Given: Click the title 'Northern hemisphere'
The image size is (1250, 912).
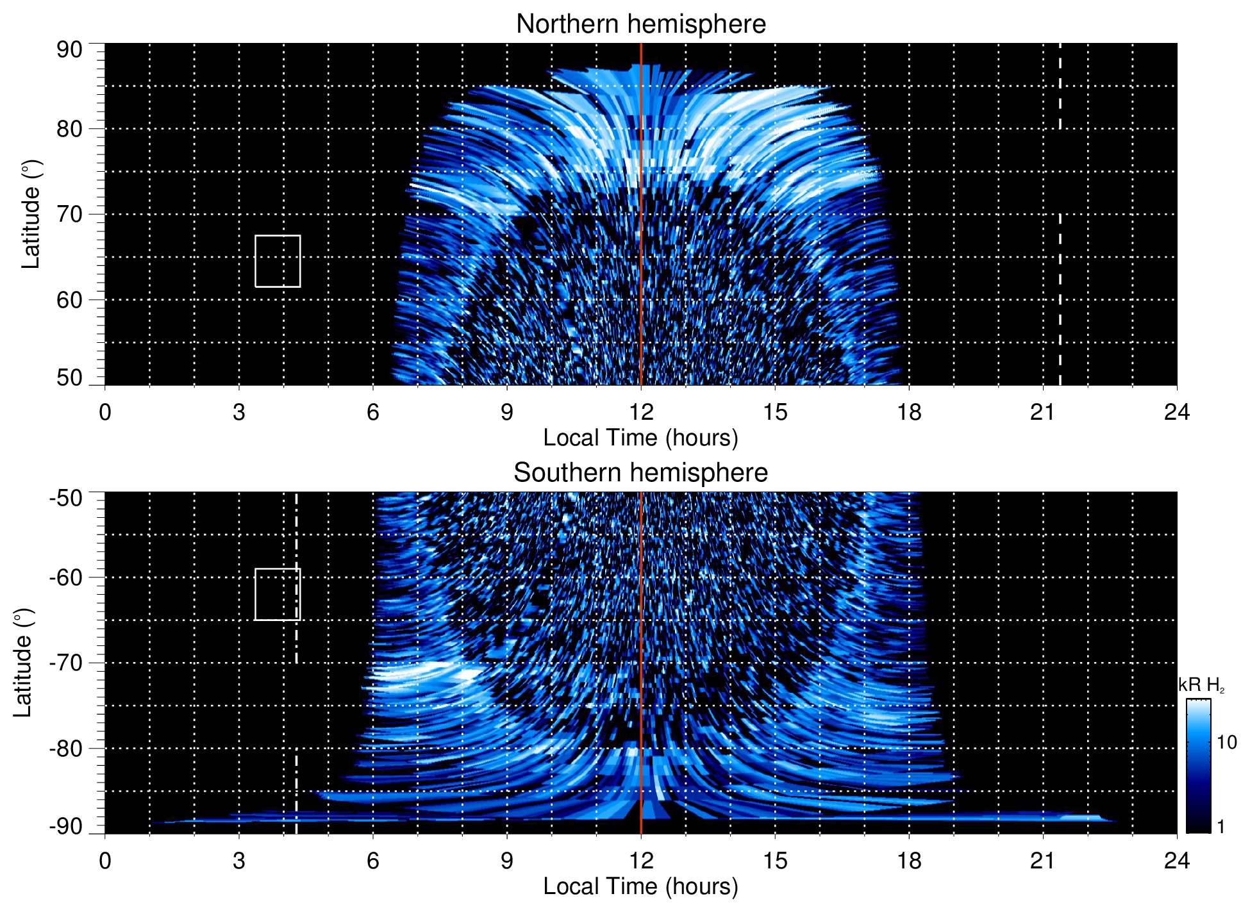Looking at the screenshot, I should pyautogui.click(x=640, y=24).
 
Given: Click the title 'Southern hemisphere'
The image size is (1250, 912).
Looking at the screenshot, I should pyautogui.click(x=640, y=473).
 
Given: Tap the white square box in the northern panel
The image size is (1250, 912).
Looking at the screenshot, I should pyautogui.click(x=278, y=261).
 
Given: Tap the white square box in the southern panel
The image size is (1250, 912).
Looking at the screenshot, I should pyautogui.click(x=278, y=594).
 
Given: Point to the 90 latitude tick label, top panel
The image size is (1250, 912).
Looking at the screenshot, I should pyautogui.click(x=69, y=50).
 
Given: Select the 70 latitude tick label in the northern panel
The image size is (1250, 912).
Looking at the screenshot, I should pyautogui.click(x=69, y=215).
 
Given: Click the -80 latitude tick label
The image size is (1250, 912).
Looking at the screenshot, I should pyautogui.click(x=66, y=749).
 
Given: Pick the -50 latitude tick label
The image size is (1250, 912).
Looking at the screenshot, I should pyautogui.click(x=66, y=498).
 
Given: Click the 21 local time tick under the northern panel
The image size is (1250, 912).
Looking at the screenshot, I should pyautogui.click(x=1043, y=412).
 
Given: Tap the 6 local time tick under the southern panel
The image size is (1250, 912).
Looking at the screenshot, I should pyautogui.click(x=373, y=861).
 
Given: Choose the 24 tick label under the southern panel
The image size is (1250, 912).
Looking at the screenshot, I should pyautogui.click(x=1176, y=861).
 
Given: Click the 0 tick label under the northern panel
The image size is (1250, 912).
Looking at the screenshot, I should pyautogui.click(x=105, y=412).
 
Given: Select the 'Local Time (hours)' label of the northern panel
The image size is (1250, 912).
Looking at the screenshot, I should pyautogui.click(x=640, y=438).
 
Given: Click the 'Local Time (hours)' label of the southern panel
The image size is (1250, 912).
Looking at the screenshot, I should pyautogui.click(x=640, y=886).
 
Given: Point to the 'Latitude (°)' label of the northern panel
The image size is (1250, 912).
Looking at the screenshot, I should pyautogui.click(x=31, y=214).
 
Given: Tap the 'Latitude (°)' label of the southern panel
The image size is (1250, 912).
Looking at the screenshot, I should pyautogui.click(x=23, y=663).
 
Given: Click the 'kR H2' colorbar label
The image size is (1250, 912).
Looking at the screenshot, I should pyautogui.click(x=1201, y=685).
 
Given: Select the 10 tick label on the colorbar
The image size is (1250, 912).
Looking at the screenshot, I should pyautogui.click(x=1226, y=742).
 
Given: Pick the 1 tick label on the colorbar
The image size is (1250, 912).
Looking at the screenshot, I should pyautogui.click(x=1221, y=827).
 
